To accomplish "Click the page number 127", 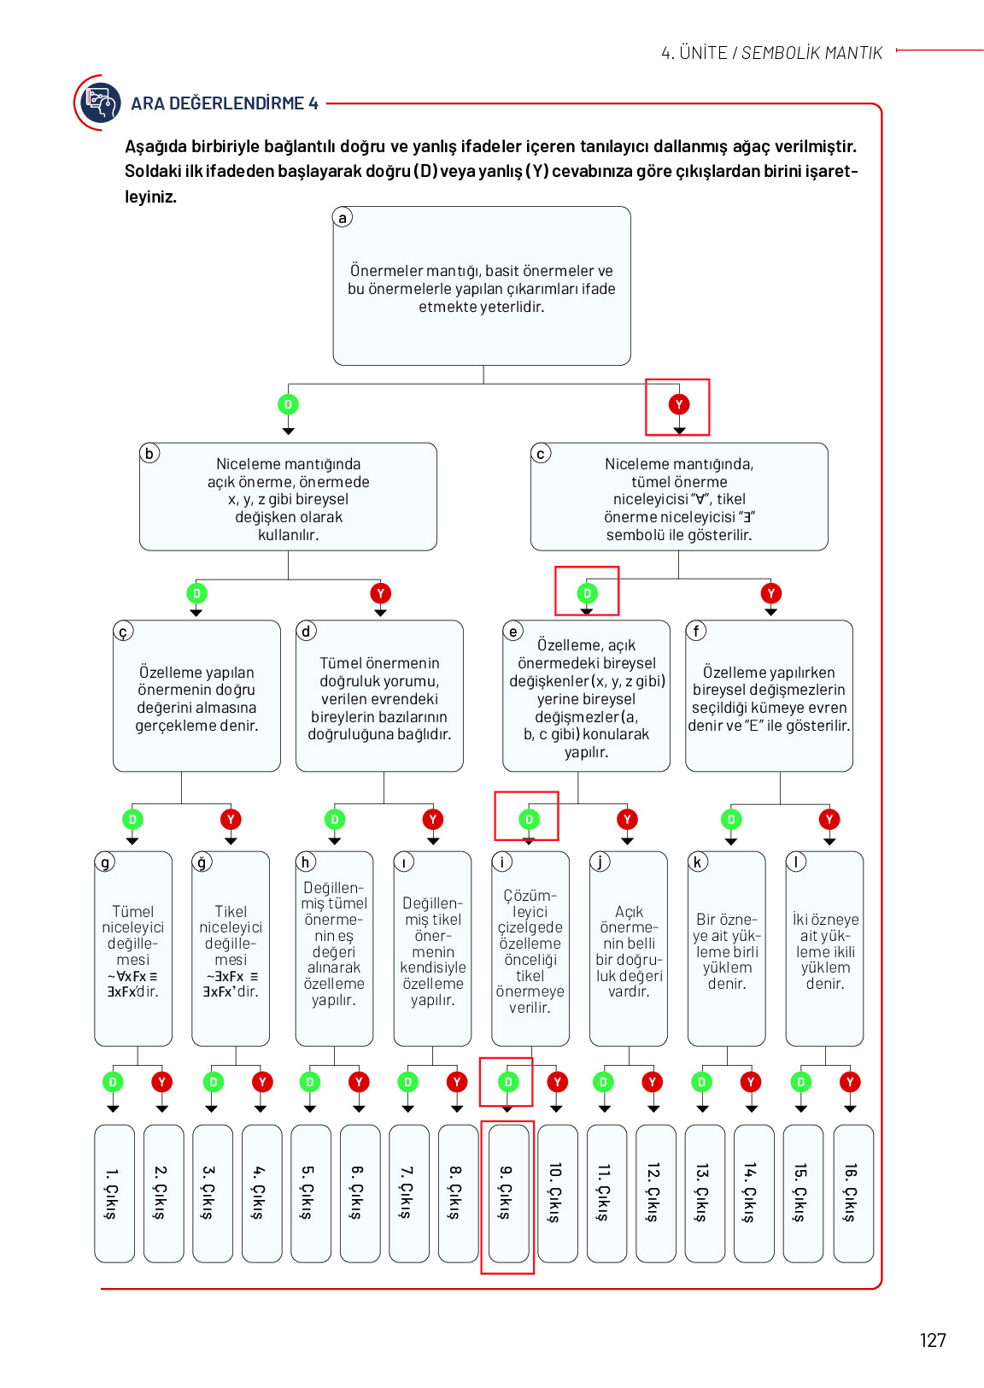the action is tap(932, 1340).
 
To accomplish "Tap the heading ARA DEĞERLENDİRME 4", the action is tap(224, 103).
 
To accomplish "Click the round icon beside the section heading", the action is tap(100, 103).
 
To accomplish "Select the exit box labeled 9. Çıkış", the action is tap(507, 1193).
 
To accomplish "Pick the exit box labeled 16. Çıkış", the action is tap(852, 1193).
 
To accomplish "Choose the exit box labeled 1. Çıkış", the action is tap(114, 1193).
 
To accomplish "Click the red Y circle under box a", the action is tap(679, 404).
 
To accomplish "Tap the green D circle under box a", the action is tap(288, 404).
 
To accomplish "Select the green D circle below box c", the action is tap(587, 594).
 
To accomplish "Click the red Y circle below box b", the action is tap(380, 594).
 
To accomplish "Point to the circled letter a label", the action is tap(343, 217).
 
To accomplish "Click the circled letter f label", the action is tap(696, 631).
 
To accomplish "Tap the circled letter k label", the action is tap(698, 862).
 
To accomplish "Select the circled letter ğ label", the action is tap(202, 862).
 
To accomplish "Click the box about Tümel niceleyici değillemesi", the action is tap(133, 948).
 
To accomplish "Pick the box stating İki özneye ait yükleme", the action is tap(824, 948).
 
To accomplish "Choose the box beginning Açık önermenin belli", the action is tap(628, 948).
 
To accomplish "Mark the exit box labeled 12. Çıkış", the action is tap(655, 1193).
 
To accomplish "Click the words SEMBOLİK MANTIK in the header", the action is tap(811, 53).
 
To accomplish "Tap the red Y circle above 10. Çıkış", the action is tap(557, 1082).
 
